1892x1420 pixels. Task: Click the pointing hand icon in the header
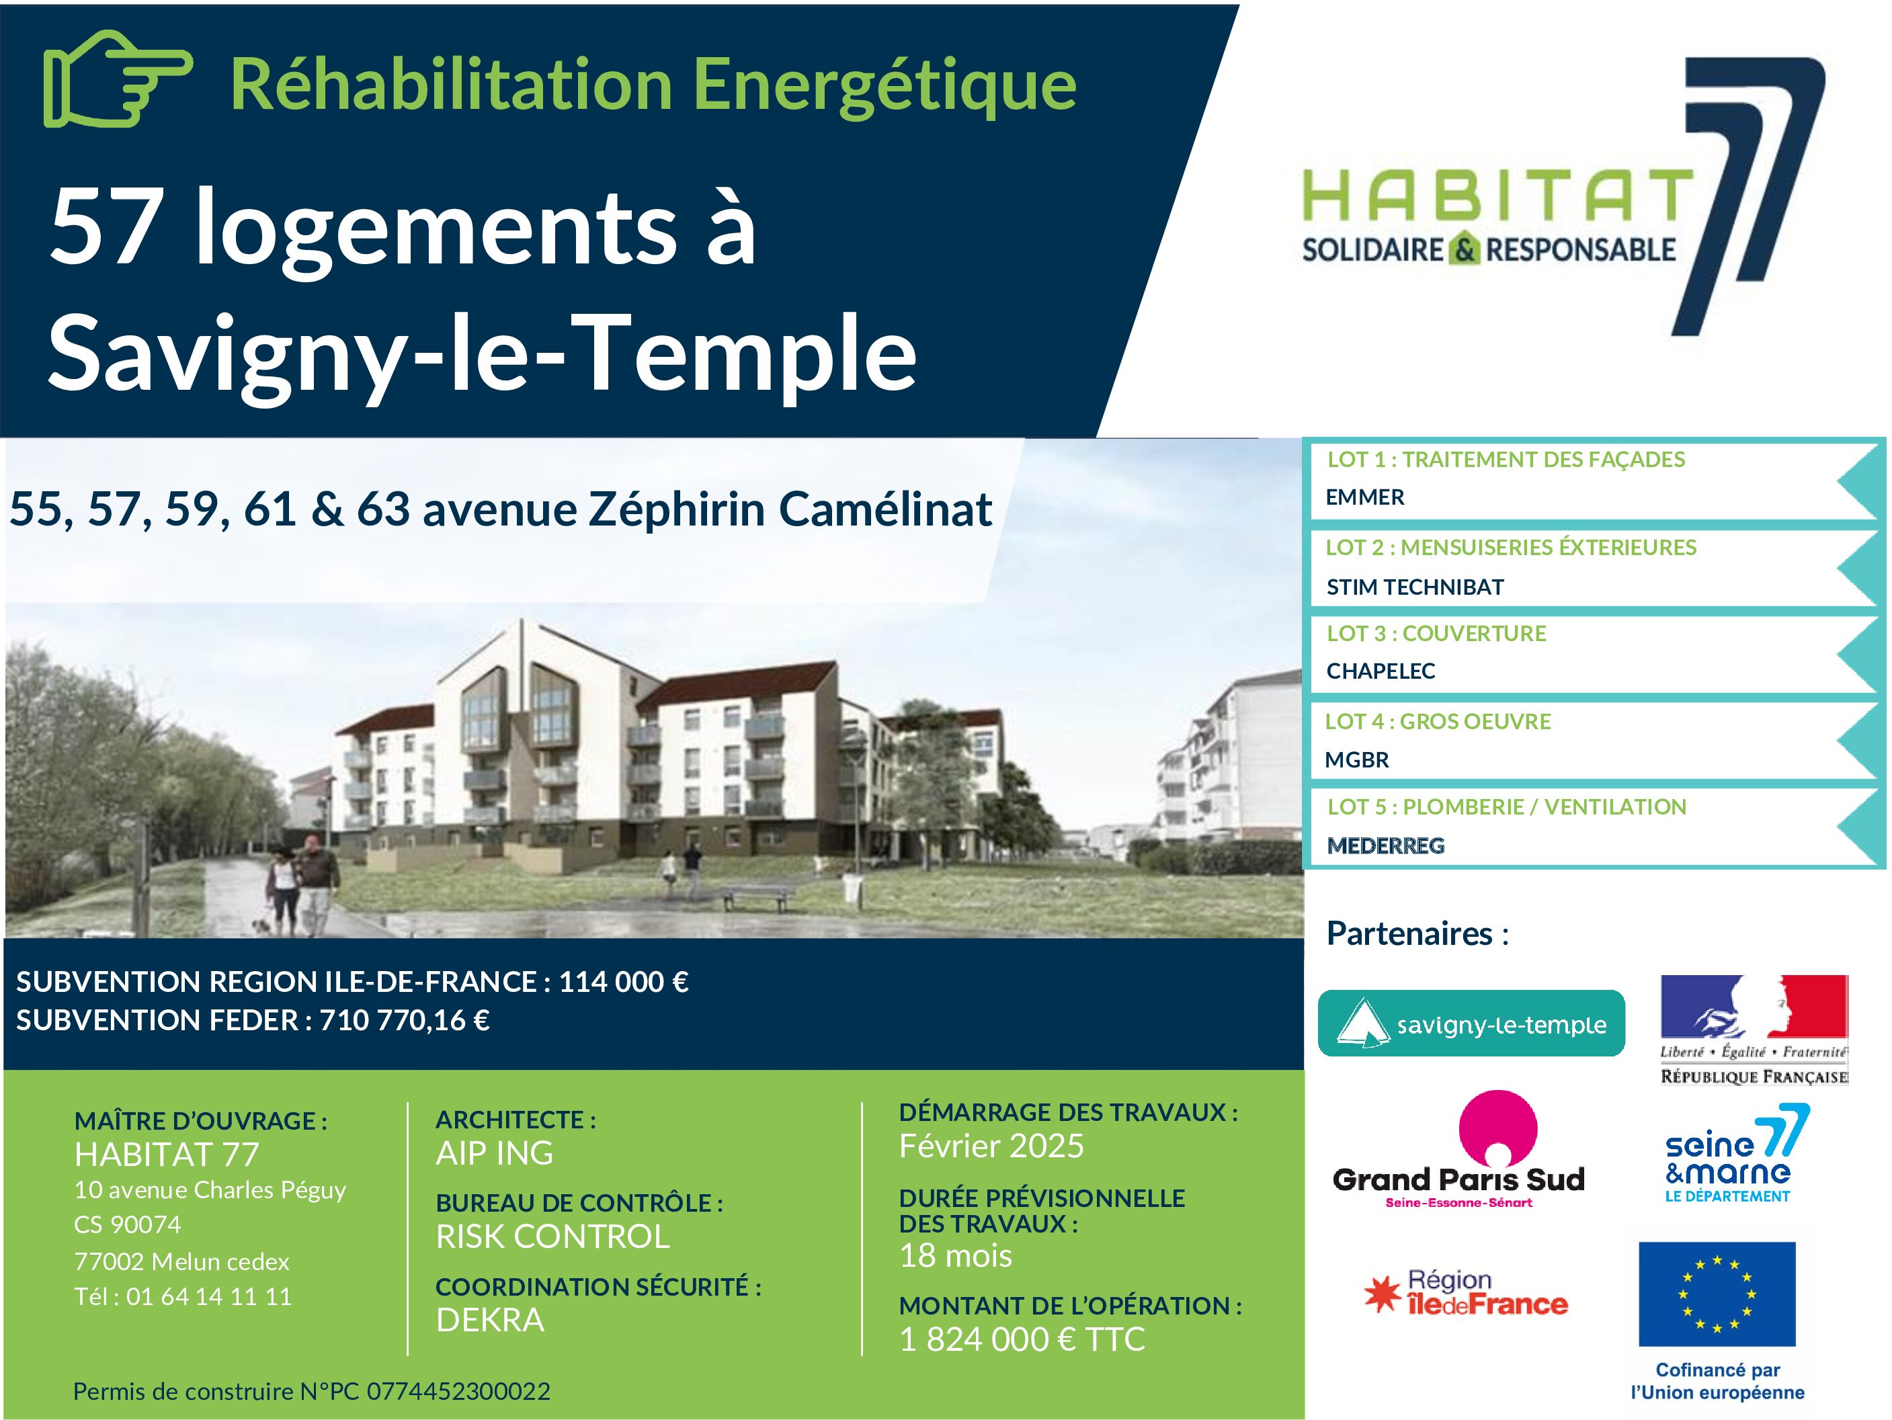117,79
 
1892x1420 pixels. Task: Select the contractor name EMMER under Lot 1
1365,497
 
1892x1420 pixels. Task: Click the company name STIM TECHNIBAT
1415,587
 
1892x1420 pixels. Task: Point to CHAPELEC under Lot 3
1381,671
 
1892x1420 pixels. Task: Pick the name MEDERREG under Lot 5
1386,845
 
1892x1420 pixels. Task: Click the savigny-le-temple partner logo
1471,1023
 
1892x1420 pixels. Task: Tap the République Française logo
1754,1030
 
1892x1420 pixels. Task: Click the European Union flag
1717,1294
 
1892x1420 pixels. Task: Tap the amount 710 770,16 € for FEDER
405,1019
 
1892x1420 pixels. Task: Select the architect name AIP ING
495,1153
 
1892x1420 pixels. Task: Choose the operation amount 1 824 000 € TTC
1022,1339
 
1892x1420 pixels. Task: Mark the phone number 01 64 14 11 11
209,1297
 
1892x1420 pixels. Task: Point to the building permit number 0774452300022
458,1392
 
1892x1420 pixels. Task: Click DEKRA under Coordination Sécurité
490,1320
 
